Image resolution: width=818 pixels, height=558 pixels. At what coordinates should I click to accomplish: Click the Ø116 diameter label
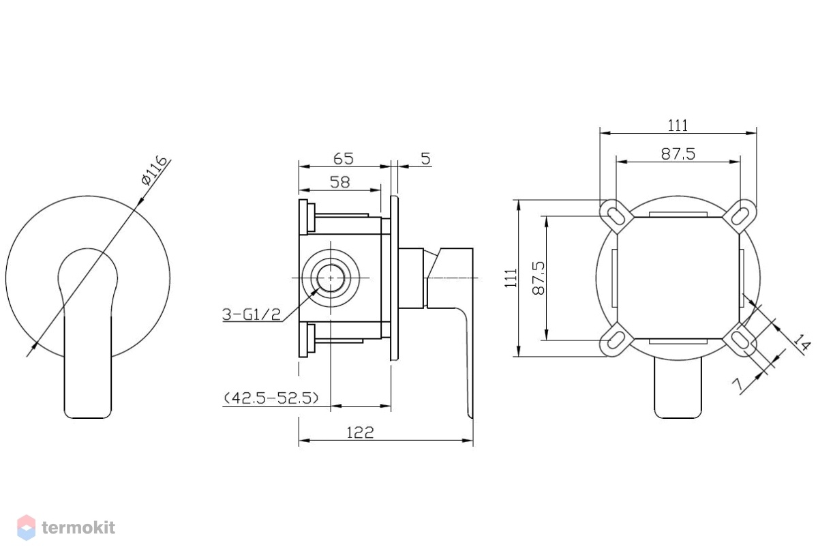[155, 171]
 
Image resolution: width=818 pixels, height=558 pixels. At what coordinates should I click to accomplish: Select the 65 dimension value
[344, 158]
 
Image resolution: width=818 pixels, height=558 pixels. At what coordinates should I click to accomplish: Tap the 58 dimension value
[339, 182]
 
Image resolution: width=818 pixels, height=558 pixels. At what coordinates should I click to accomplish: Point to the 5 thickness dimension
[425, 158]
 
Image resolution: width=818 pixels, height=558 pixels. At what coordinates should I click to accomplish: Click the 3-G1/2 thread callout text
[252, 314]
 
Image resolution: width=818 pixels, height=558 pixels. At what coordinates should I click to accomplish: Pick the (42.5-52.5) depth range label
[271, 398]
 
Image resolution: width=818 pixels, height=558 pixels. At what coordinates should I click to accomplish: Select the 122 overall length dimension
[360, 432]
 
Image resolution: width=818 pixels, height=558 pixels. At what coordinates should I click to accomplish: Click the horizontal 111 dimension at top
[678, 126]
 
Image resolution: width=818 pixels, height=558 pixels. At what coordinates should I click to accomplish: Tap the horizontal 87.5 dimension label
[678, 154]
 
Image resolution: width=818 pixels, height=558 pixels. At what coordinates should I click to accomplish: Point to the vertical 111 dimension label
[511, 278]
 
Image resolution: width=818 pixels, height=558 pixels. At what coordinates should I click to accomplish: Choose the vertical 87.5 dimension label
[539, 278]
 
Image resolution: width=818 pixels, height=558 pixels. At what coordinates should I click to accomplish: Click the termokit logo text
[78, 528]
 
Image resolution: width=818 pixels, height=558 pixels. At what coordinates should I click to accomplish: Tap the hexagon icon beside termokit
[27, 528]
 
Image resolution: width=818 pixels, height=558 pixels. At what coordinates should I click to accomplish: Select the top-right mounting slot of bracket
[740, 216]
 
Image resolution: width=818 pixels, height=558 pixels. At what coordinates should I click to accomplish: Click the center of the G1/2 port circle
[331, 278]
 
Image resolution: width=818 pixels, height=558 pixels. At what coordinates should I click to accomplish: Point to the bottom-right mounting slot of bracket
[740, 340]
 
